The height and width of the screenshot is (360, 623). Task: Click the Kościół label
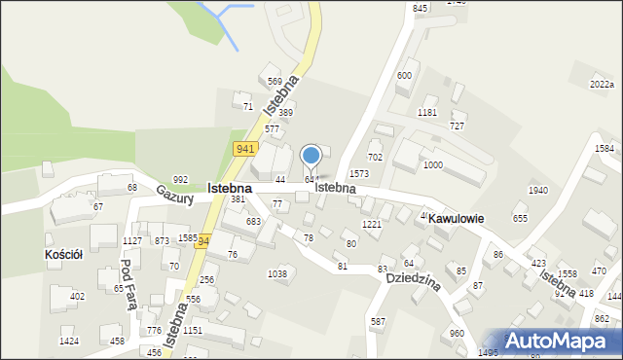coord(64,254)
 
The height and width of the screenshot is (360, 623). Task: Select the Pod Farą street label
coord(127,284)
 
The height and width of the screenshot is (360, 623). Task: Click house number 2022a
coord(602,86)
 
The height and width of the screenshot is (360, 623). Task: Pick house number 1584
coord(605,149)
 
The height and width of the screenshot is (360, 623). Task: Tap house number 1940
coord(537,190)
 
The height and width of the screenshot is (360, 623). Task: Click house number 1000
coord(433,165)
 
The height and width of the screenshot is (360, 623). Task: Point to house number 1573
coord(359,173)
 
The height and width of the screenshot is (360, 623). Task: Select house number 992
coord(180,180)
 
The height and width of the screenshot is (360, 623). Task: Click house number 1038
coord(277,274)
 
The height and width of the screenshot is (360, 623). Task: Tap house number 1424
coord(69,342)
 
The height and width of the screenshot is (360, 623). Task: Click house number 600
coord(404,76)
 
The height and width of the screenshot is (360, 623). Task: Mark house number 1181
coord(426,113)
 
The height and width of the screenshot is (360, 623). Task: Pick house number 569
coord(275,81)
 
